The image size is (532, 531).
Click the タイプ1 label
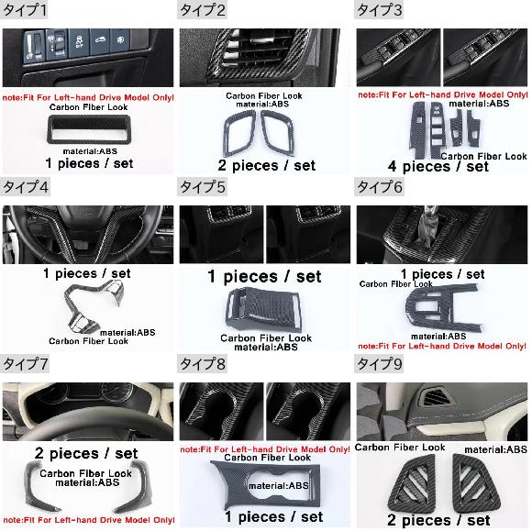25,9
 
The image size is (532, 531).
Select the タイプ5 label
202,186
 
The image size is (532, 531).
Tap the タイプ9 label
380,364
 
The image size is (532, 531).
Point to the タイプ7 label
25,364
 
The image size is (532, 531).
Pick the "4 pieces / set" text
438,166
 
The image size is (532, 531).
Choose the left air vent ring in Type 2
228,136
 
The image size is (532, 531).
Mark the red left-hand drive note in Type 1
88,97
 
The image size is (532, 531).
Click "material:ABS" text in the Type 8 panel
279,486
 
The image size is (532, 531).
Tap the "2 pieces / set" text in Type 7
86,453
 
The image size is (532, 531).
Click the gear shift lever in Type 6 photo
428,220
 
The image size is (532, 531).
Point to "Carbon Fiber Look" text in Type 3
483,156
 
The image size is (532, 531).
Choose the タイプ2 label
202,9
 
